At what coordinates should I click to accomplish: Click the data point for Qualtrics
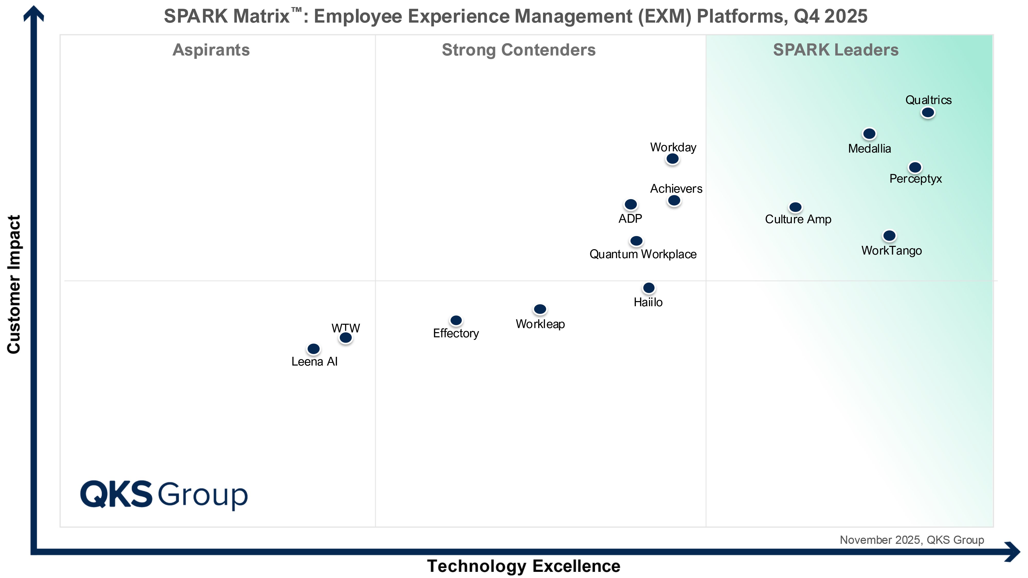(928, 113)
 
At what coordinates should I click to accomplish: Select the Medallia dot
(869, 134)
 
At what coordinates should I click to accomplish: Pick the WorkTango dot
(889, 236)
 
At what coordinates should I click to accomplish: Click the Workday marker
(672, 159)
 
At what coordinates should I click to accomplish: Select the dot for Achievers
(674, 200)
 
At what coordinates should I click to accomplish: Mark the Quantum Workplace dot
(636, 241)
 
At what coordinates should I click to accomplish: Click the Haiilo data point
(649, 288)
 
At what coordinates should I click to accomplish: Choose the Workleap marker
(540, 309)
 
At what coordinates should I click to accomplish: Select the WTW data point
(346, 338)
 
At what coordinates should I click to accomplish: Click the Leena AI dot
(314, 349)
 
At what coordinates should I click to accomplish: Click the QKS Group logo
(164, 494)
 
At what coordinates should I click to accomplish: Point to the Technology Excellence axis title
(524, 566)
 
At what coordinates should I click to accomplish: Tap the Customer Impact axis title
(14, 284)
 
